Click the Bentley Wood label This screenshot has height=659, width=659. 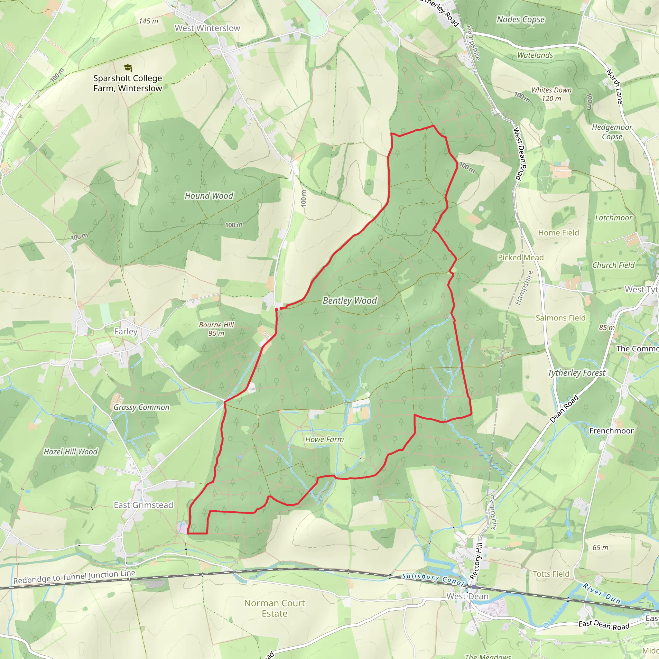click(x=350, y=301)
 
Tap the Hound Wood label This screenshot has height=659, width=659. click(x=209, y=196)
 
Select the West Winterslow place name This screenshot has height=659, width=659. click(x=208, y=28)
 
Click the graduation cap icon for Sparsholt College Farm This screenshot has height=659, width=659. click(x=127, y=68)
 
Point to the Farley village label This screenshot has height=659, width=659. click(x=126, y=331)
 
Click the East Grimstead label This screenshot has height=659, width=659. click(x=143, y=505)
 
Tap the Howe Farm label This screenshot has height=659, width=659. click(x=324, y=439)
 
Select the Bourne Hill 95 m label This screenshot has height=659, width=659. click(x=216, y=329)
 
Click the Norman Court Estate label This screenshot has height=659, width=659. click(x=274, y=608)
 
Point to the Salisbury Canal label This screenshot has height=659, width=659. click(x=433, y=579)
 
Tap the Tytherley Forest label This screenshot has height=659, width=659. click(x=576, y=373)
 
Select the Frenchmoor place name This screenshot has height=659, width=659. click(x=611, y=431)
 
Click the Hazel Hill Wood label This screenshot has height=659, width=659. click(x=70, y=451)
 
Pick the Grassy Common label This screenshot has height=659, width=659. click(x=141, y=407)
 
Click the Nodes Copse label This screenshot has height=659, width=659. click(x=521, y=19)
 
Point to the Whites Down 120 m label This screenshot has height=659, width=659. click(x=551, y=94)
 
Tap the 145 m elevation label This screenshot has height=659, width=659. click(x=148, y=21)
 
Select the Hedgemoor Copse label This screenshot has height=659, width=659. click(x=612, y=132)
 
